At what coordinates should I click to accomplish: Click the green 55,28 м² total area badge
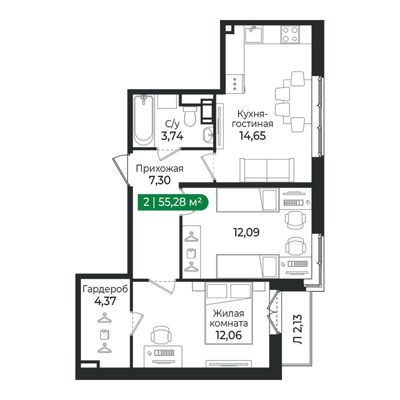[x=171, y=202]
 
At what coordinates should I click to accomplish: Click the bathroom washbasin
[x=209, y=133]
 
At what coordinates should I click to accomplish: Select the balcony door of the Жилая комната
[x=273, y=313]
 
